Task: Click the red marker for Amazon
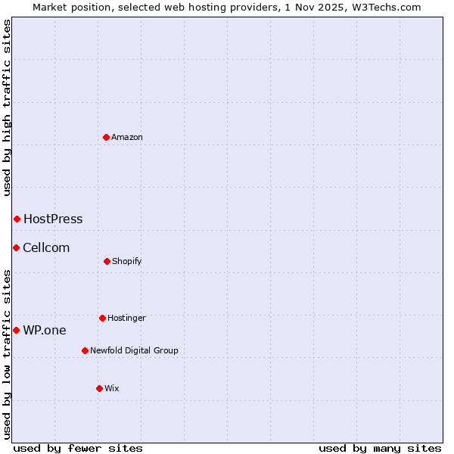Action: coord(107,137)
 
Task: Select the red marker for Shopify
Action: coord(107,261)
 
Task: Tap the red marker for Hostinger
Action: coord(102,318)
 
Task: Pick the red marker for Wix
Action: coord(99,388)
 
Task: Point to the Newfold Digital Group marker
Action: coord(85,350)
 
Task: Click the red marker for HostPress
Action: coord(17,219)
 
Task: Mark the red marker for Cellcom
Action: coord(16,247)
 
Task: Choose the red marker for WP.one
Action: coord(16,330)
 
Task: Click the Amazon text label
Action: coord(127,137)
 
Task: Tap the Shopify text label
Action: coord(127,261)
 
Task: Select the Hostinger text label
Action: coord(126,318)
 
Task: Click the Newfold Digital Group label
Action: coord(134,350)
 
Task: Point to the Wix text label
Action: coord(112,388)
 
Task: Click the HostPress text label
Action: coord(53,219)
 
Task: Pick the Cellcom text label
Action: coord(46,247)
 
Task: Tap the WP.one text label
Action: coord(45,330)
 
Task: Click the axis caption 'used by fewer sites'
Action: coord(78,448)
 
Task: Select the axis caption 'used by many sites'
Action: coord(380,448)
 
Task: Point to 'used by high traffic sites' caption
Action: coord(7,107)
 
